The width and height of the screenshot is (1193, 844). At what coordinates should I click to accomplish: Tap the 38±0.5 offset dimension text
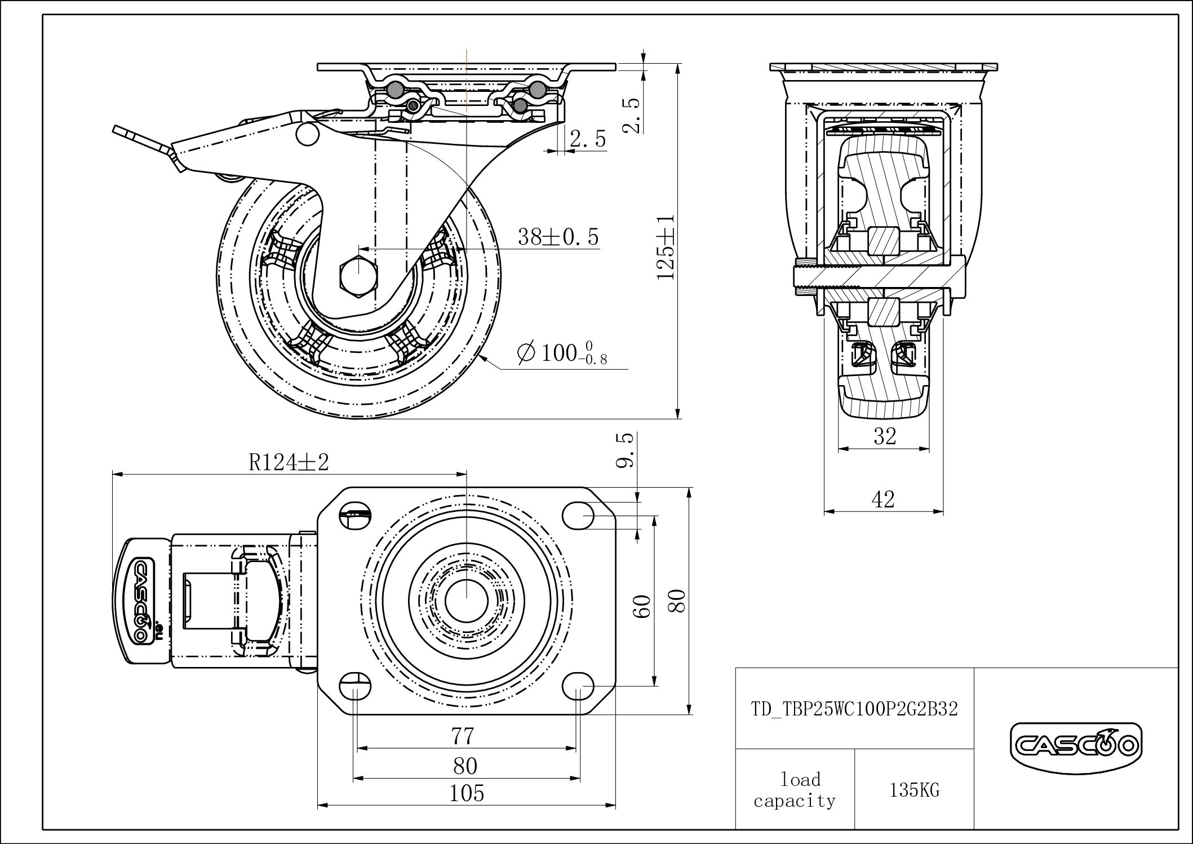[558, 237]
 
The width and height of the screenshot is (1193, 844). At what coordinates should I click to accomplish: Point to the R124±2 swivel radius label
[289, 462]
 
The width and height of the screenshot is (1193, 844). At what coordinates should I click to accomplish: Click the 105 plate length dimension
[467, 793]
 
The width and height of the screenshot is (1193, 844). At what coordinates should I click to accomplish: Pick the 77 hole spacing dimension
[463, 736]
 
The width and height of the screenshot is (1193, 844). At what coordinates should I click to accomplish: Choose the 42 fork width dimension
[883, 499]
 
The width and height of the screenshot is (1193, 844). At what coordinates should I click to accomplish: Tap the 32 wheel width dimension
[884, 436]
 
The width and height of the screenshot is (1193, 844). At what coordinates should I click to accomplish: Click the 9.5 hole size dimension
[626, 450]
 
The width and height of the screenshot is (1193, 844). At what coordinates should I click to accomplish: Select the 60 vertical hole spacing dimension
[644, 606]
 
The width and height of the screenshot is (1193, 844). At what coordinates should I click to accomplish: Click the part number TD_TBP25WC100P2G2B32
[854, 709]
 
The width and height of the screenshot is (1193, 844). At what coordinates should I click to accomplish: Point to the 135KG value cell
[915, 790]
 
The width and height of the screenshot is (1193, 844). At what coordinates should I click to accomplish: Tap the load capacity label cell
[795, 790]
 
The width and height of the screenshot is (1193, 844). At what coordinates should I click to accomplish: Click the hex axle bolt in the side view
[358, 276]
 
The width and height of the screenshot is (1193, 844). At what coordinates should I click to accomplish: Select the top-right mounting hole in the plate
[579, 515]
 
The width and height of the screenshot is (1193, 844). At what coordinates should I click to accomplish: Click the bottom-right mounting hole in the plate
[579, 686]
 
